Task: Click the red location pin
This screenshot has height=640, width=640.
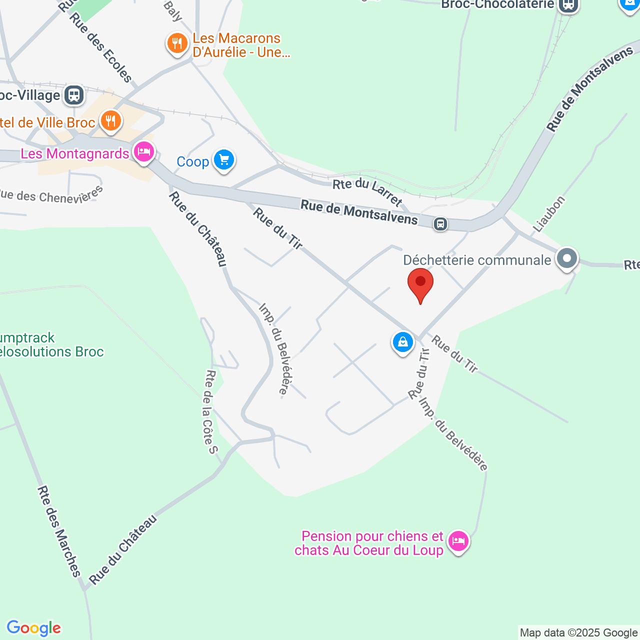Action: pyautogui.click(x=420, y=283)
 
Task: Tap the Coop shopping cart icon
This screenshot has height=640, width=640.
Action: pyautogui.click(x=223, y=160)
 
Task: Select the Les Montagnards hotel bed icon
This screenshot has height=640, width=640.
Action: pyautogui.click(x=144, y=151)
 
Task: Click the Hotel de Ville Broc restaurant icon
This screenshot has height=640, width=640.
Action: pyautogui.click(x=110, y=120)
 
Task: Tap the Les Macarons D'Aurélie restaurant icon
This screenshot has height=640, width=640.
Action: pyautogui.click(x=177, y=43)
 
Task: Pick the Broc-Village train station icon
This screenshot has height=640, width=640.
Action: pyautogui.click(x=74, y=94)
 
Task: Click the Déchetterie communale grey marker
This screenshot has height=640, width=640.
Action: pyautogui.click(x=566, y=259)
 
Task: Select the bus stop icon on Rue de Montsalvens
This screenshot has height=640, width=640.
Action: pyautogui.click(x=440, y=223)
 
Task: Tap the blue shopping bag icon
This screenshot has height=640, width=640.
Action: pyautogui.click(x=402, y=342)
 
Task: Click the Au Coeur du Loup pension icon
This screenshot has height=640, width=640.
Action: pyautogui.click(x=458, y=541)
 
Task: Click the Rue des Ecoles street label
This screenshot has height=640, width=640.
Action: pyautogui.click(x=101, y=47)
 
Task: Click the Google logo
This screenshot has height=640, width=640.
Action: pyautogui.click(x=33, y=628)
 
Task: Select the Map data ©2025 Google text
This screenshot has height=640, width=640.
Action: pyautogui.click(x=578, y=633)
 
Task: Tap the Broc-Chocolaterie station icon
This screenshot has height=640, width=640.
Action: pyautogui.click(x=568, y=5)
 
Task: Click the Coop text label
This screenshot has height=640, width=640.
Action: pyautogui.click(x=192, y=161)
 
